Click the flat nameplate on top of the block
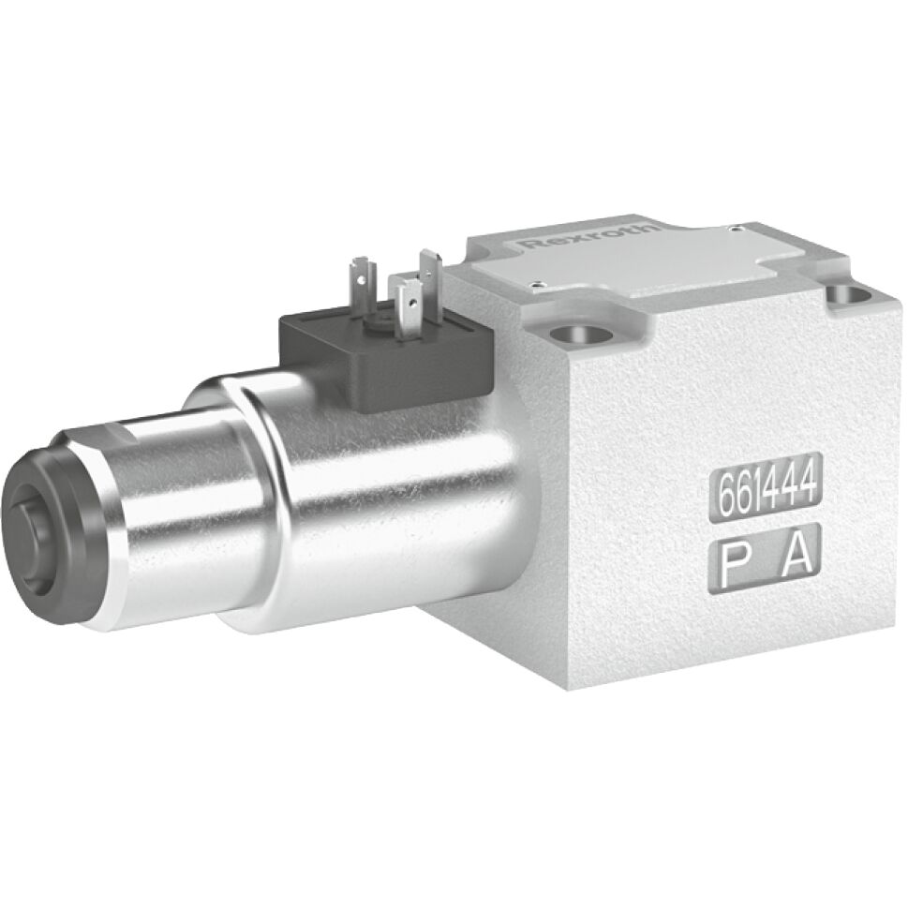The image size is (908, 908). tap(656, 258)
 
